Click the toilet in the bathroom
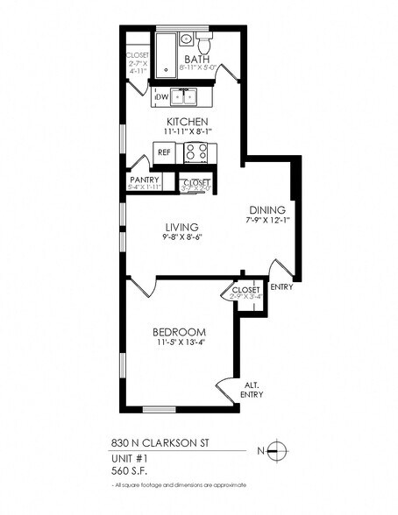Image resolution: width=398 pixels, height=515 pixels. [x=204, y=42]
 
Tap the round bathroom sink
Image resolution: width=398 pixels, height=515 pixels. [x=186, y=39]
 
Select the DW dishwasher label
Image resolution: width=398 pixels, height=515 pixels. [x=162, y=97]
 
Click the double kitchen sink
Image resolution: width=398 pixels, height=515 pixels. [x=184, y=96]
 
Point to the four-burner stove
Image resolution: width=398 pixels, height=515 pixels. [x=195, y=152]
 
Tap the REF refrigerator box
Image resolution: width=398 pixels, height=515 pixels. [x=164, y=152]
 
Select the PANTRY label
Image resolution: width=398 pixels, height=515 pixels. [x=143, y=180]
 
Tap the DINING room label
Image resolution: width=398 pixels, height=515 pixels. [x=267, y=209]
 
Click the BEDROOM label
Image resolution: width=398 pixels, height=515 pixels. [x=179, y=332]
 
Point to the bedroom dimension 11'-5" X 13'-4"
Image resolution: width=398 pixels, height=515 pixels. [x=179, y=343]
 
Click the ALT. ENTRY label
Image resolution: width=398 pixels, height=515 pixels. [x=252, y=390]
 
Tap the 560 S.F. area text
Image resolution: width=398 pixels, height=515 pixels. [x=131, y=469]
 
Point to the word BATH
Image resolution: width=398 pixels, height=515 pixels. [x=195, y=59]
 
